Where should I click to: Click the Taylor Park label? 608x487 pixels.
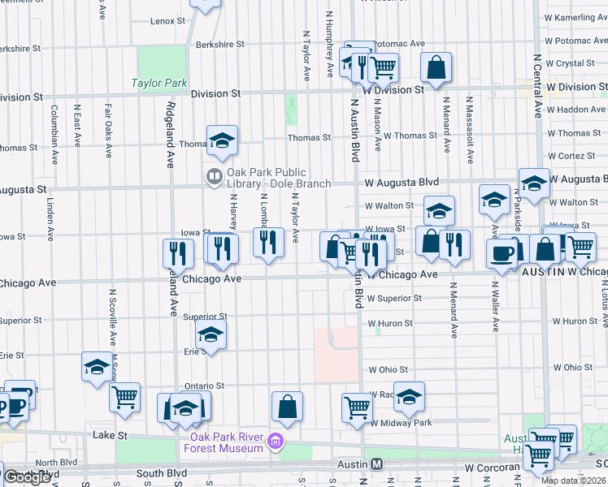point(159,83)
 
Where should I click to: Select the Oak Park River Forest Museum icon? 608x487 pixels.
point(276,442)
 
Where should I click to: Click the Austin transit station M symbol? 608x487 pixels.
point(377,464)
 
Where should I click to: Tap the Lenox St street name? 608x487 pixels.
point(168,20)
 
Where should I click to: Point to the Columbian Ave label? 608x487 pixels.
point(54,126)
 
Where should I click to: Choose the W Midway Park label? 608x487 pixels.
point(401,423)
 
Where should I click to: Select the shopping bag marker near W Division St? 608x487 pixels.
point(436,67)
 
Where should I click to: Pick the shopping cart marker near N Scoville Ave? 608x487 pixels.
point(124,397)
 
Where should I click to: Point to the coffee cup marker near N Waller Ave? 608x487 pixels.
point(502,252)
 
